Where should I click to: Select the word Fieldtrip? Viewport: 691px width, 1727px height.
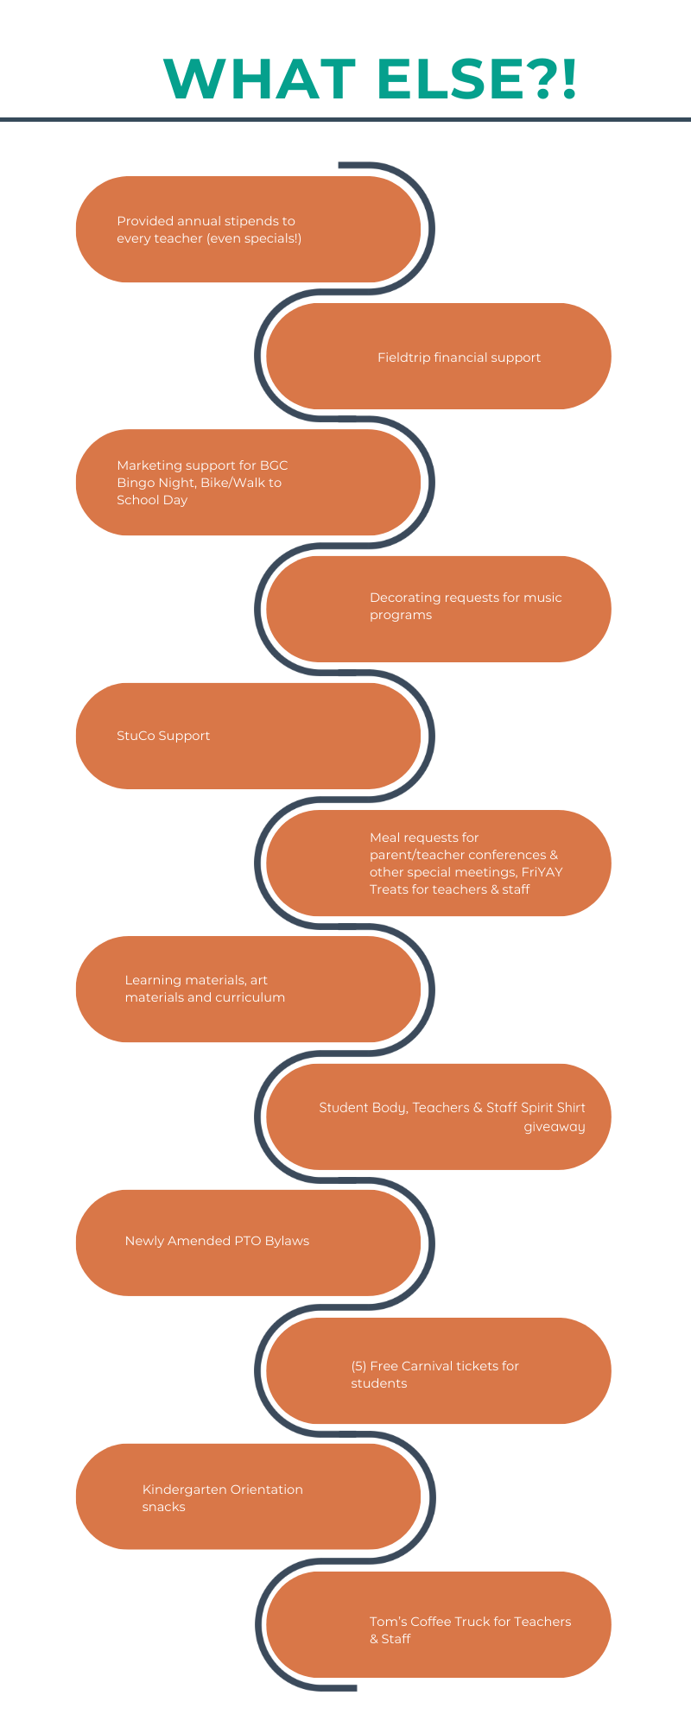pyautogui.click(x=403, y=357)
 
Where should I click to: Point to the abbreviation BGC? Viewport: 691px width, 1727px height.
pyautogui.click(x=274, y=465)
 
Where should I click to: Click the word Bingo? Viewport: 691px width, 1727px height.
pyautogui.click(x=136, y=483)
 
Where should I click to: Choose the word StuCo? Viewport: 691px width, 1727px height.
pyautogui.click(x=134, y=736)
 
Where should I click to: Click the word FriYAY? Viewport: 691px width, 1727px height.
pyautogui.click(x=542, y=872)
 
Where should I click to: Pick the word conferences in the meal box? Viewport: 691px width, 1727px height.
pyautogui.click(x=510, y=855)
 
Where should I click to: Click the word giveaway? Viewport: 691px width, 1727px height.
pyautogui.click(x=555, y=1127)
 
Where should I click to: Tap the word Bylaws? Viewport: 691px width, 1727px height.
pyautogui.click(x=286, y=1241)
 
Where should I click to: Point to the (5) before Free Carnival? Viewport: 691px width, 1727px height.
pyautogui.click(x=358, y=1366)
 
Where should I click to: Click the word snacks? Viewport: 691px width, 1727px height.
pyautogui.click(x=163, y=1507)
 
